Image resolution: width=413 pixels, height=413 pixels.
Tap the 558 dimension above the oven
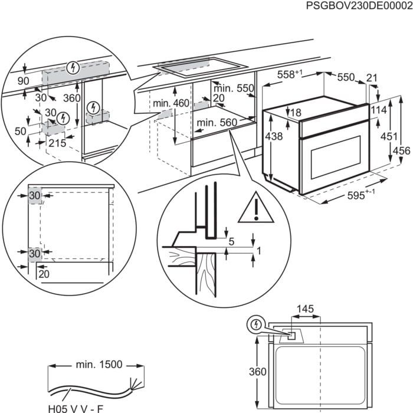[290, 75]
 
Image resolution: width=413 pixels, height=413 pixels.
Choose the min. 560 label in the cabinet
[217, 123]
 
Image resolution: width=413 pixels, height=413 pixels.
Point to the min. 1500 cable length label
[99, 364]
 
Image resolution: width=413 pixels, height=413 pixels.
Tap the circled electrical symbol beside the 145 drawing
[255, 323]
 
